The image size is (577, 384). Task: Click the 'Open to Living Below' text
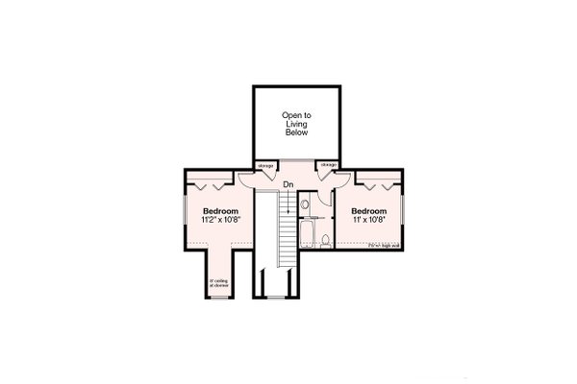[x=296, y=125]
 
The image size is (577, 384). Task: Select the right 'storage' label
[x=329, y=165]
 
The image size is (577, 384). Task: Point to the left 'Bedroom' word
[x=220, y=210]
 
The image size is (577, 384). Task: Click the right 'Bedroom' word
[x=368, y=210]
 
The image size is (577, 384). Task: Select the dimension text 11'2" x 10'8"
[x=220, y=219]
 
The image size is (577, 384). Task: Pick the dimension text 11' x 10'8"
[x=368, y=219]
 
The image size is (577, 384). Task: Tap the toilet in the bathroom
[x=326, y=237]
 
